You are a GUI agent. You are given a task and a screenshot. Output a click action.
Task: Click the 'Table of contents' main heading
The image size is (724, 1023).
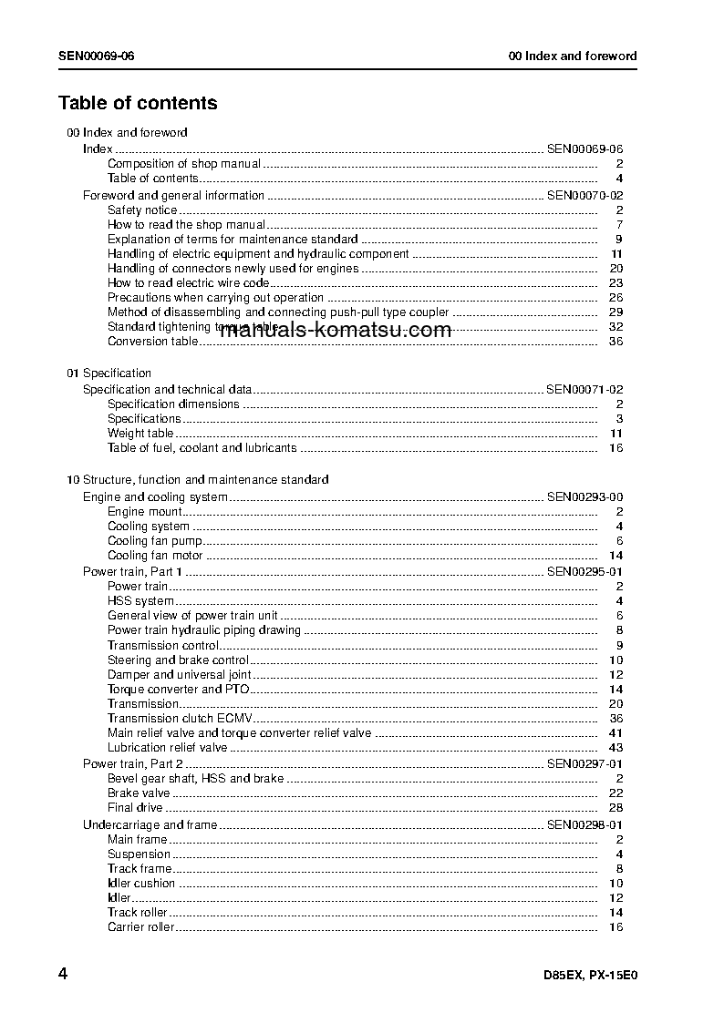[138, 103]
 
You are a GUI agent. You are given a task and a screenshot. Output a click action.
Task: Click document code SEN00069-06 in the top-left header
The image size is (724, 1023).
[97, 56]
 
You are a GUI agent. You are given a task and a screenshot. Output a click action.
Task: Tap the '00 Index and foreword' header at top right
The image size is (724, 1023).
[572, 56]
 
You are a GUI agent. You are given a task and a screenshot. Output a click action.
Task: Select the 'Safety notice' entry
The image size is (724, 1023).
[142, 210]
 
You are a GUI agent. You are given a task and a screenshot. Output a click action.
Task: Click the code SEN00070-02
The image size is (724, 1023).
[584, 196]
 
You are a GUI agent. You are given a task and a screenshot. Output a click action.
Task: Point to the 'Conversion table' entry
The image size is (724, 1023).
[151, 342]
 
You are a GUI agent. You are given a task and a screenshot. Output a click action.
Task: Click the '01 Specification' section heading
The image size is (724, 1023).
[109, 373]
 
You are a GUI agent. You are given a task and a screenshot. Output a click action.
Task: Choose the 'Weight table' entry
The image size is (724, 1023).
[140, 434]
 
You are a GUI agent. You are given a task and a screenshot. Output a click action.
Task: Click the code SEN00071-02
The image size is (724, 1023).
[584, 390]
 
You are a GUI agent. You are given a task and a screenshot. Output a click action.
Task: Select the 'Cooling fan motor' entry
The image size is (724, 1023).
[155, 556]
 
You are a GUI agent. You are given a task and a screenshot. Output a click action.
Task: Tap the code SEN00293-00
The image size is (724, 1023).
[584, 497]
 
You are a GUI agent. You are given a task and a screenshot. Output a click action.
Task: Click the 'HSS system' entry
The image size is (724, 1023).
[140, 601]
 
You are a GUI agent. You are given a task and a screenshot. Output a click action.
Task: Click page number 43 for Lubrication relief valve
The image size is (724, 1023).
[615, 748]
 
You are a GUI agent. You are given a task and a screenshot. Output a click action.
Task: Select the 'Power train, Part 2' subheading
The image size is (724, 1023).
[133, 763]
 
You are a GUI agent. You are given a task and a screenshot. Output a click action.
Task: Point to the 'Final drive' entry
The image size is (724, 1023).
[135, 808]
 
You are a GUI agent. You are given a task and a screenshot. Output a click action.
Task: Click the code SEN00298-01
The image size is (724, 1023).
[584, 825]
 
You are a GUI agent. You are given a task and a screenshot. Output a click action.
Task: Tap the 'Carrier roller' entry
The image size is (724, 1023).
[140, 927]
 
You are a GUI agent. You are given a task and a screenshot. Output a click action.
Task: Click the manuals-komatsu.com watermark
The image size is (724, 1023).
[336, 330]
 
